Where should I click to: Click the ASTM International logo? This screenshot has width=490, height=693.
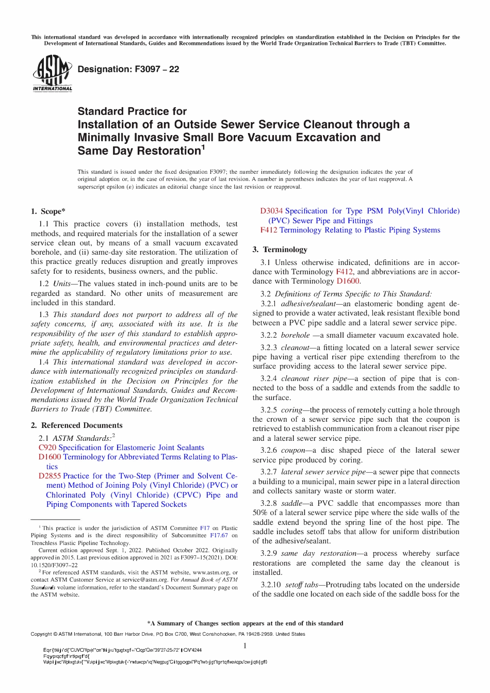pos(52,73)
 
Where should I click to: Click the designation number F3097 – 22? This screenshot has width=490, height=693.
pos(128,70)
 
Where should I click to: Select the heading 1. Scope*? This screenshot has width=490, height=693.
pos(48,211)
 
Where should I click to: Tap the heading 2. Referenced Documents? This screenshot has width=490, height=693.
pos(76,425)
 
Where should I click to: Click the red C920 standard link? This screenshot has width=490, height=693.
pos(47,448)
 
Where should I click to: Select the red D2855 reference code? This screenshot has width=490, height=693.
pos(50,476)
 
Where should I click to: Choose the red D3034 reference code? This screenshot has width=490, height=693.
pos(271,211)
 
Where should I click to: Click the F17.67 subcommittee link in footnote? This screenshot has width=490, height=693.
pos(219,535)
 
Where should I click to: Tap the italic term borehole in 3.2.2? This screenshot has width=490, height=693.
pos(295,335)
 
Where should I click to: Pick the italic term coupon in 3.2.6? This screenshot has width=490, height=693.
pos(293,450)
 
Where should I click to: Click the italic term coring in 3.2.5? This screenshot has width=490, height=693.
pos(291,410)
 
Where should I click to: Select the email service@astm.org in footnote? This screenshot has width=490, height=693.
pos(146,580)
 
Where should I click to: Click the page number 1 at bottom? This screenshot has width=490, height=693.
pos(245,646)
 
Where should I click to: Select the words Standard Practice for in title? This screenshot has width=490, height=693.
pos(132,111)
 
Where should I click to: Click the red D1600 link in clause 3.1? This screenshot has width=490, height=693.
pos(348,281)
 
